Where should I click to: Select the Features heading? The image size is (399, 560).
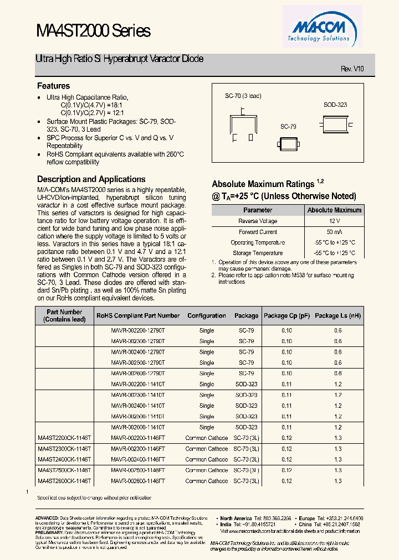tap(53, 86)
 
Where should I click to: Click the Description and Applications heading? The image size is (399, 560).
tap(91, 179)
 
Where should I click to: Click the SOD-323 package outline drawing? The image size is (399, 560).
tap(335, 120)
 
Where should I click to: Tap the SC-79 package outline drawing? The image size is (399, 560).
tap(288, 141)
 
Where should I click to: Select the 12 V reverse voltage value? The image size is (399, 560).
tap(334, 221)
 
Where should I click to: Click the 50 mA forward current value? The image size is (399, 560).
tap(334, 232)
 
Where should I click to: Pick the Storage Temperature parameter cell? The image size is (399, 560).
tap(258, 253)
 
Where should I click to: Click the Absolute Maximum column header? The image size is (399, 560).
tap(334, 210)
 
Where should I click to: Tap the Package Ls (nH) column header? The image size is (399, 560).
tap(337, 315)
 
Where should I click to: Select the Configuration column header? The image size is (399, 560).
tap(206, 315)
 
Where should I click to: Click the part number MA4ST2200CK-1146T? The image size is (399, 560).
tap(64, 438)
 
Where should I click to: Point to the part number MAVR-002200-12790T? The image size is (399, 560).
tap(138, 330)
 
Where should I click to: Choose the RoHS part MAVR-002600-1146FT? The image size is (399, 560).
tap(138, 481)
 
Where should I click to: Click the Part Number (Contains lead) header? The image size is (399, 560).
tap(64, 315)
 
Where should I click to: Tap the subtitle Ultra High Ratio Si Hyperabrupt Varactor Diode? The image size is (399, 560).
tap(119, 58)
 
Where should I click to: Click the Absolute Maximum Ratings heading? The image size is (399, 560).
tap(264, 184)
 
